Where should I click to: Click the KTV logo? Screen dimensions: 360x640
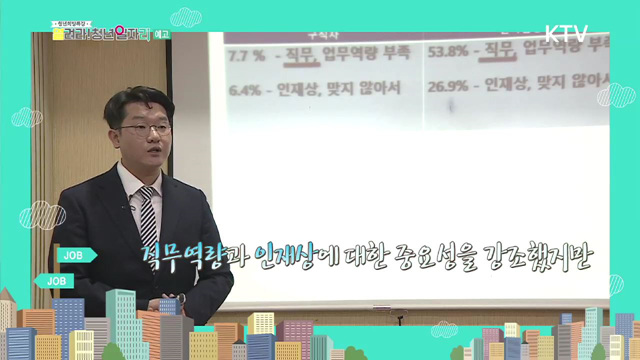pyautogui.click(x=567, y=32)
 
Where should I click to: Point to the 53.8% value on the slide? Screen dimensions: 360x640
pyautogui.click(x=447, y=47)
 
